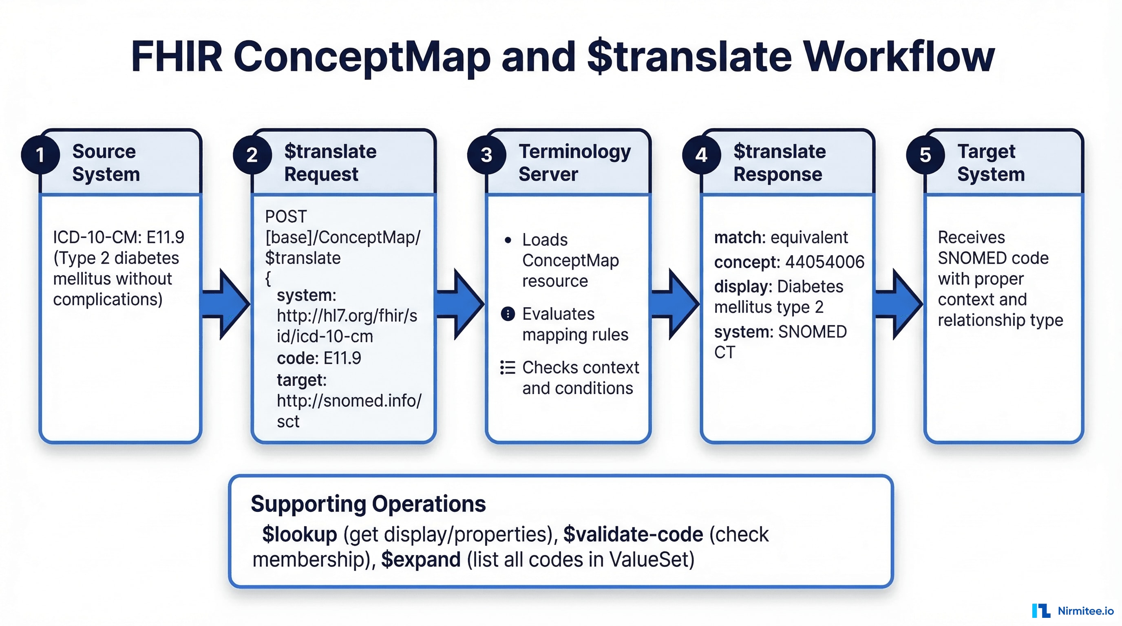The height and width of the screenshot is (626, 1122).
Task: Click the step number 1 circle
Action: point(40,155)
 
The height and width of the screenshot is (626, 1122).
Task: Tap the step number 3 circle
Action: point(486,155)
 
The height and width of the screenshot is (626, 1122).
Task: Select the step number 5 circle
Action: point(925,155)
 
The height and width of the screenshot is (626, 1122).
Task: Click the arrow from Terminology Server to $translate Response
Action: point(676,304)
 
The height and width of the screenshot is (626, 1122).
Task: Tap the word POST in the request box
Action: point(286,216)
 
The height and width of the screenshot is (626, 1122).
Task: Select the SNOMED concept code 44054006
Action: point(824,262)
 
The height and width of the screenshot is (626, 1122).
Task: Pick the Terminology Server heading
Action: point(574,162)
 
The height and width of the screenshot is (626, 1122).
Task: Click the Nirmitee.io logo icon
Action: point(1040,611)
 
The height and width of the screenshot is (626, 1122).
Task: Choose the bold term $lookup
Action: point(299,534)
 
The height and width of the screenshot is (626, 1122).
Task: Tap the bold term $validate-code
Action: point(633,534)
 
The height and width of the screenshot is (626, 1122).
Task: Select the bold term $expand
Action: point(421,560)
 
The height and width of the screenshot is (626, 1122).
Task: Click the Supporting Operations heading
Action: point(368,504)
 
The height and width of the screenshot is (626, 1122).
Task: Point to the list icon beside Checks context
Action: point(508,368)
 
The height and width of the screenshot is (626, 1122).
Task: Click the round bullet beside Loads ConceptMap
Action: point(508,240)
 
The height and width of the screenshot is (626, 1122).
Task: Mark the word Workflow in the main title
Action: point(899,57)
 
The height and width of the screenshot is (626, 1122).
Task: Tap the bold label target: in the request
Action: point(301,380)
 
